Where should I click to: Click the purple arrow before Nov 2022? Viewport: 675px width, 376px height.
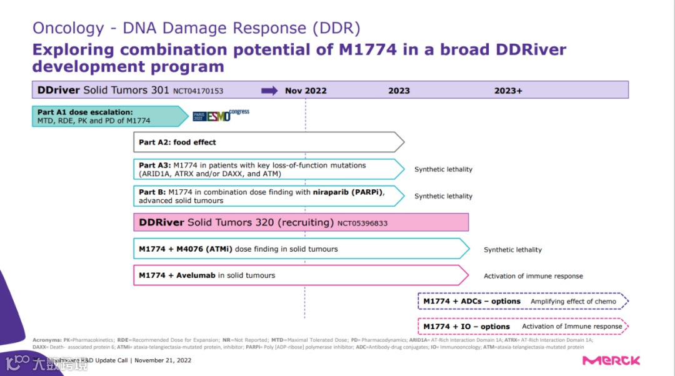[269, 91]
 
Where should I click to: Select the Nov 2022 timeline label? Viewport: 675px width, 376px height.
[306, 91]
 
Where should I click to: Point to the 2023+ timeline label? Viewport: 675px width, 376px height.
[507, 91]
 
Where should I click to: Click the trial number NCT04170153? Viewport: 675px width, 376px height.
[198, 91]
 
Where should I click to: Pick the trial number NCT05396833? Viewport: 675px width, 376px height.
[362, 223]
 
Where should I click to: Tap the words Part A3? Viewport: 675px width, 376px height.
[154, 166]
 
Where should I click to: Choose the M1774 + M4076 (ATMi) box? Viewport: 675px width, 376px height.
[301, 249]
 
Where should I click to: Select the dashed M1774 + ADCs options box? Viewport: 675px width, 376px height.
[521, 301]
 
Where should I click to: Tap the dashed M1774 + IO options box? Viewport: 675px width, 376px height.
[521, 326]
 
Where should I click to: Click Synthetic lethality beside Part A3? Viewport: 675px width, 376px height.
[443, 169]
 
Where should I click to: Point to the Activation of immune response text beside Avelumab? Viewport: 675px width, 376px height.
[533, 276]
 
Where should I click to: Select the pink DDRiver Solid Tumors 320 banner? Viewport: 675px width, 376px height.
[301, 222]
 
